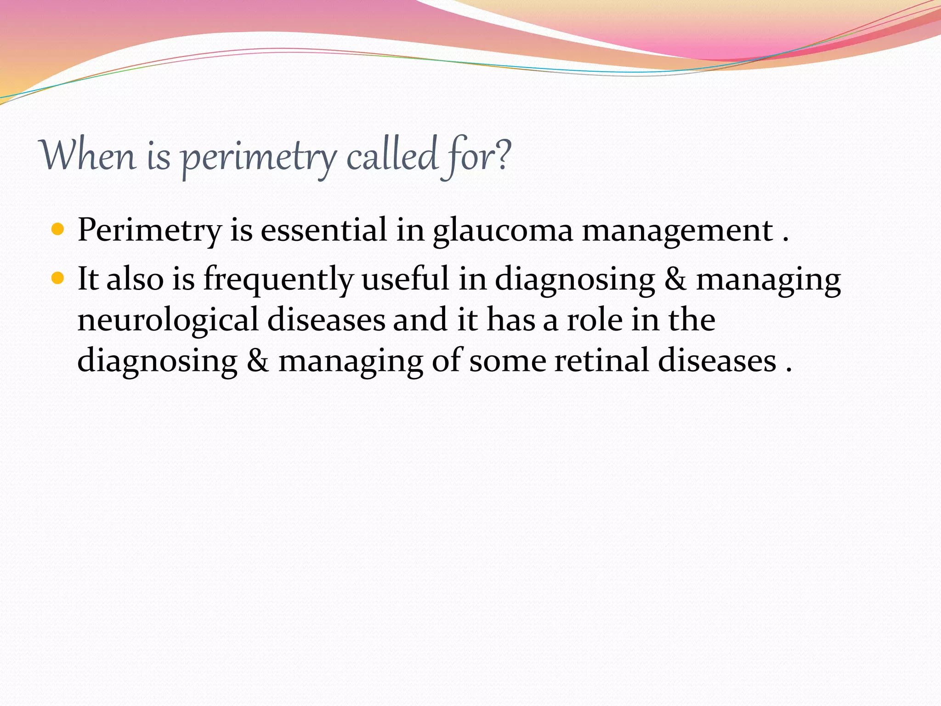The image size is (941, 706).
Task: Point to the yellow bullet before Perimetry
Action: (57, 228)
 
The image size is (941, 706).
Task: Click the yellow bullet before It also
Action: (57, 278)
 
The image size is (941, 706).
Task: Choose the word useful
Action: (405, 279)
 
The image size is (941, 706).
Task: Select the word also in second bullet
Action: (135, 279)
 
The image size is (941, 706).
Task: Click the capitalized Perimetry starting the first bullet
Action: (149, 230)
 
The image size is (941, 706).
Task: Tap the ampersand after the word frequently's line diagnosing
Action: (675, 279)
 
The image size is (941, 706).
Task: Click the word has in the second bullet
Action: (510, 319)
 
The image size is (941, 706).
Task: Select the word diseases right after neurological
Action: (326, 319)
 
